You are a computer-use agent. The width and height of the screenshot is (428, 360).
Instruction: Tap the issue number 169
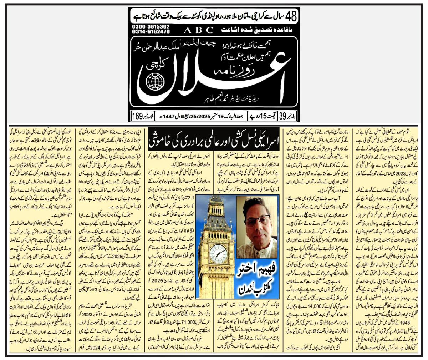click(x=137, y=116)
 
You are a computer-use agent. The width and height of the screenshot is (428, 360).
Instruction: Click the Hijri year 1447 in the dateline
click(x=160, y=116)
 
